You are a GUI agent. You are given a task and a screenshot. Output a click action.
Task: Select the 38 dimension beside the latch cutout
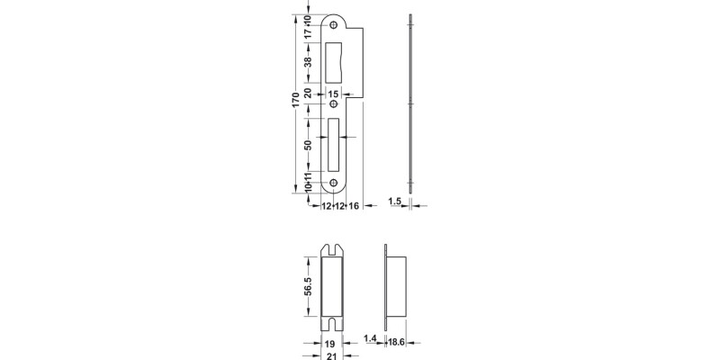pyautogui.click(x=308, y=63)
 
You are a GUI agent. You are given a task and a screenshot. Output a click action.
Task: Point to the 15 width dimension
pyautogui.click(x=334, y=94)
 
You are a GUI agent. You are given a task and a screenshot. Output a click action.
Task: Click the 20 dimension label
pyautogui.click(x=308, y=94)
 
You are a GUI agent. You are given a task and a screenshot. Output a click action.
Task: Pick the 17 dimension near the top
pyautogui.click(x=308, y=33)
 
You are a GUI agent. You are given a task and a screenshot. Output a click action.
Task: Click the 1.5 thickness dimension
pyautogui.click(x=394, y=202)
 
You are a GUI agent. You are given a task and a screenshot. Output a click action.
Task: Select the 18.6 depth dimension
pyautogui.click(x=397, y=342)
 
